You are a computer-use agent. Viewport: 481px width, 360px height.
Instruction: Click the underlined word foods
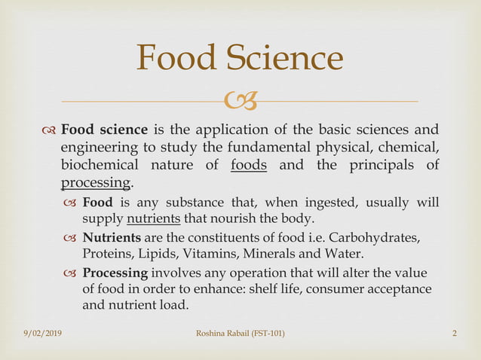point(249,166)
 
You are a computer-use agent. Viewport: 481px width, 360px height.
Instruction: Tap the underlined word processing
point(96,183)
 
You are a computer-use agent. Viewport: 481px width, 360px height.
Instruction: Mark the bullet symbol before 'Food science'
point(49,129)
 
